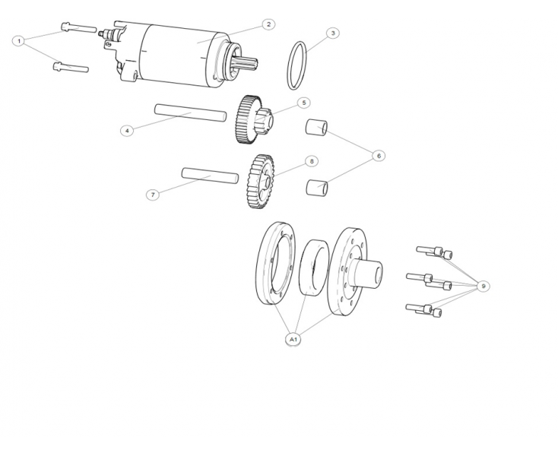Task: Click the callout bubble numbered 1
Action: [x=19, y=41]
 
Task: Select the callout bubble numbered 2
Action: [x=268, y=24]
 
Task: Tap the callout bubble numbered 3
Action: [x=333, y=33]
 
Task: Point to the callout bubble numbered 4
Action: [x=127, y=131]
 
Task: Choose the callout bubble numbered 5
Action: [x=304, y=103]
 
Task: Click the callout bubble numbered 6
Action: [x=379, y=156]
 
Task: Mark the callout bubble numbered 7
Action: [x=153, y=195]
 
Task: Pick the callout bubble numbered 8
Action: [x=312, y=161]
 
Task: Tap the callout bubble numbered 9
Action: [x=483, y=286]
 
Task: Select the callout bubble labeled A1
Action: [x=293, y=339]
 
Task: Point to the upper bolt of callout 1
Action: [x=78, y=28]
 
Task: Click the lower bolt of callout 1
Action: [x=71, y=67]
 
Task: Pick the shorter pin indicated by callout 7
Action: [x=210, y=176]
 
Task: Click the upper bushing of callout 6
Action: [x=316, y=128]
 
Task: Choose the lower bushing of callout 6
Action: [x=317, y=188]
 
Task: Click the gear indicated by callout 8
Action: [x=261, y=182]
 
